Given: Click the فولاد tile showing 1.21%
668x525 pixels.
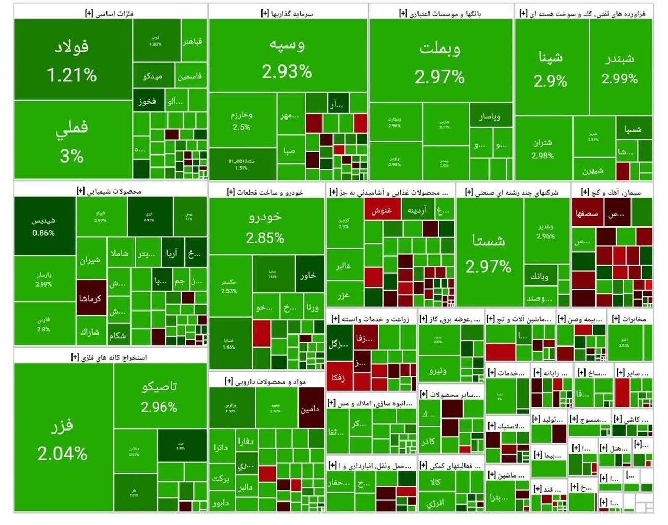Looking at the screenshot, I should point(72,60).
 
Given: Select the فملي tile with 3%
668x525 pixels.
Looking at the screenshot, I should point(72,140).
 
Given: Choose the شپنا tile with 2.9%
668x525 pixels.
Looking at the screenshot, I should point(551,68).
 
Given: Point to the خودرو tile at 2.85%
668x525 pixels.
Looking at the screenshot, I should point(266,227).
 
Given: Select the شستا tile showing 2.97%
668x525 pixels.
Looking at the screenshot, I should point(488,253).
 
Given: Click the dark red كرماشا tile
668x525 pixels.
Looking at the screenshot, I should point(91,298).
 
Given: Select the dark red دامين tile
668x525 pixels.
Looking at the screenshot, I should point(309,409).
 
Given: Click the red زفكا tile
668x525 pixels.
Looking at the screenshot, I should point(338,377).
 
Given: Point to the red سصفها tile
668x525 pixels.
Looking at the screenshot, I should point(587,213).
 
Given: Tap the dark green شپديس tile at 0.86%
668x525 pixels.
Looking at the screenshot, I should point(44,226).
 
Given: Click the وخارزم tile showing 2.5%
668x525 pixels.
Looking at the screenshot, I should point(242,121).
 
